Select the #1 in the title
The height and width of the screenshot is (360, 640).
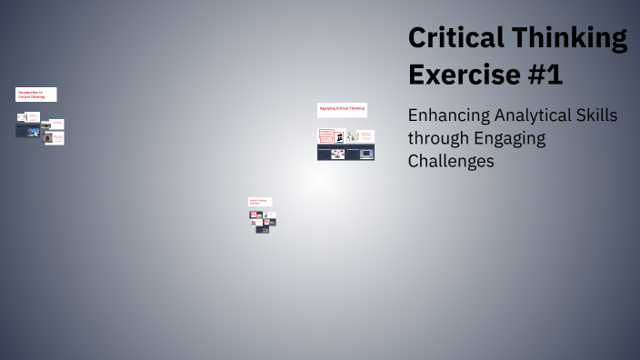pos(545,74)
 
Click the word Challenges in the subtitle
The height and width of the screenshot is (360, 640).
pos(451,161)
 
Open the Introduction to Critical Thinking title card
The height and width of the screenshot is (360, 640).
pos(36,95)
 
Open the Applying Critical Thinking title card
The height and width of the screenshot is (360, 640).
pos(342,109)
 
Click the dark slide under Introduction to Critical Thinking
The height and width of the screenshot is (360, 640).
pos(26,132)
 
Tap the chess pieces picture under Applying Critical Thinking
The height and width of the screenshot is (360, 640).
pos(339,136)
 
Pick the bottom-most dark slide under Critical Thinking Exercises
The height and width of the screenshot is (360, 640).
pos(263,229)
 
